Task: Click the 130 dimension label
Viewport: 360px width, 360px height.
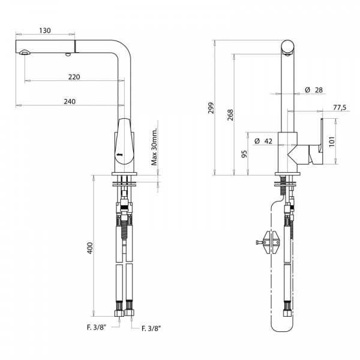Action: pos(45,31)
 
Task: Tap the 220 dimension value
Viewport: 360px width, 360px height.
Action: pos(74,77)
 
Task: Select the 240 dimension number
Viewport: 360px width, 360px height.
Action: pos(70,101)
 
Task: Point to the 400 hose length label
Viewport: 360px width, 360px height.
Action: pos(90,248)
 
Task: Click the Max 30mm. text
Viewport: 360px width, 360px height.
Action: pos(154,146)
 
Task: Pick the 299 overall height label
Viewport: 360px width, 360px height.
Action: pos(211,107)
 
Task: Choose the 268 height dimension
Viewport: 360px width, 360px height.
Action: pos(230,115)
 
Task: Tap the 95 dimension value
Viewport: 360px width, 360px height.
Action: pos(245,154)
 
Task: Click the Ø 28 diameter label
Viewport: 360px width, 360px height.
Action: pos(314,90)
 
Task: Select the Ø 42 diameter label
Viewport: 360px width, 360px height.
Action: pos(263,141)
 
